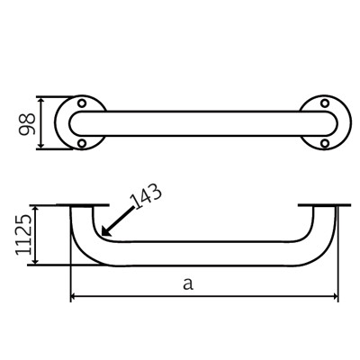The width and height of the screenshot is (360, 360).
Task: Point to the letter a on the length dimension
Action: click(x=187, y=284)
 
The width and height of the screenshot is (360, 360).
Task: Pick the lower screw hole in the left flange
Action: click(x=82, y=143)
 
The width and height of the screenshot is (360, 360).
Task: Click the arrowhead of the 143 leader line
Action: click(x=105, y=236)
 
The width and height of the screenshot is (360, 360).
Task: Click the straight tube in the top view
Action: click(x=202, y=122)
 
